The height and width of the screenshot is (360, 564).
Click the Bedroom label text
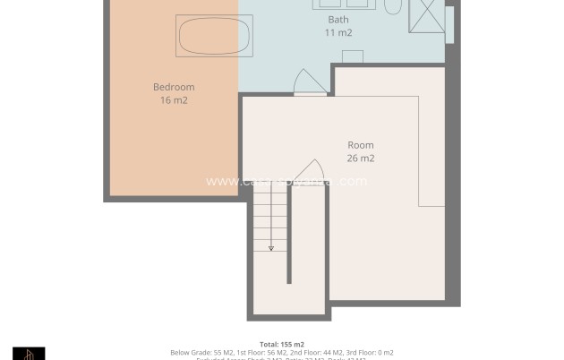(x=173, y=87)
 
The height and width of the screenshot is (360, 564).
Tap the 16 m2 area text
(x=173, y=100)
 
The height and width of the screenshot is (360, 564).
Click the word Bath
(x=338, y=19)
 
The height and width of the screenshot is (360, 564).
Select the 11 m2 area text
(x=338, y=32)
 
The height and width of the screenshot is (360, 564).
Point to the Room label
(x=360, y=145)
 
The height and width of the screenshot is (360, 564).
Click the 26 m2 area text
(x=360, y=159)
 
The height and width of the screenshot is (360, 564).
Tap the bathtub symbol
(x=208, y=36)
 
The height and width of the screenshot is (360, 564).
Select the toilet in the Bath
(x=393, y=6)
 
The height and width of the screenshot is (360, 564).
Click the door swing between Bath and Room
(x=308, y=82)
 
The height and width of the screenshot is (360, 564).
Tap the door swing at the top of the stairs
(x=309, y=172)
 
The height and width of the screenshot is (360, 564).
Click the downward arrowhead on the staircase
(x=270, y=248)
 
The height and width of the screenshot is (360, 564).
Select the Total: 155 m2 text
(x=281, y=344)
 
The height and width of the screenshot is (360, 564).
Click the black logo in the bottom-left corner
(x=29, y=353)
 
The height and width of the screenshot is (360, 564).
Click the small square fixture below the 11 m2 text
(x=352, y=56)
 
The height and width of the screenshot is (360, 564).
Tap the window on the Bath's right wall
(x=449, y=24)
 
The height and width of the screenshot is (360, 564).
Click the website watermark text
(x=286, y=181)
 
